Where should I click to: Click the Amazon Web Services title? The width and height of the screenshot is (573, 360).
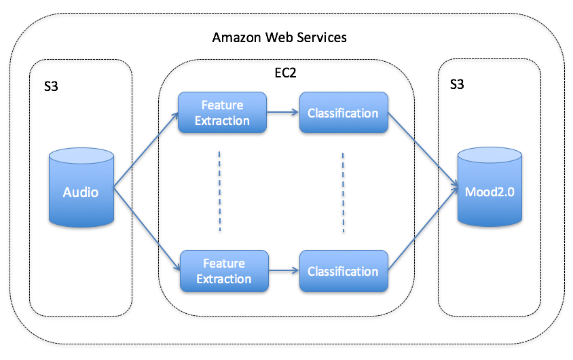click(x=279, y=37)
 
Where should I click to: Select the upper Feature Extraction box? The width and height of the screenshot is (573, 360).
click(x=222, y=113)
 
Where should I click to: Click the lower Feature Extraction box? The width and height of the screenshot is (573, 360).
click(x=223, y=271)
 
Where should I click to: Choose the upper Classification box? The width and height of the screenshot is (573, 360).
click(x=343, y=113)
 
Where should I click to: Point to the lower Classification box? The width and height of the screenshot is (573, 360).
click(x=343, y=271)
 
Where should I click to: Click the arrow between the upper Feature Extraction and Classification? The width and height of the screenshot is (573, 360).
click(x=283, y=113)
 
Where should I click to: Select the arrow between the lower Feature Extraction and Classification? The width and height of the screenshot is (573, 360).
click(x=284, y=271)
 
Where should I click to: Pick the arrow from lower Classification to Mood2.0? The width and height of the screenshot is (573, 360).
click(x=422, y=232)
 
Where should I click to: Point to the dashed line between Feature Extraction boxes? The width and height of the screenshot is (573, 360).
click(x=219, y=191)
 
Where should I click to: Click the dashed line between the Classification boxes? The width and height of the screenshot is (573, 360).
click(x=342, y=191)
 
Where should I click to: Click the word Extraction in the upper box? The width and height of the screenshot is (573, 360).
click(x=222, y=120)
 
